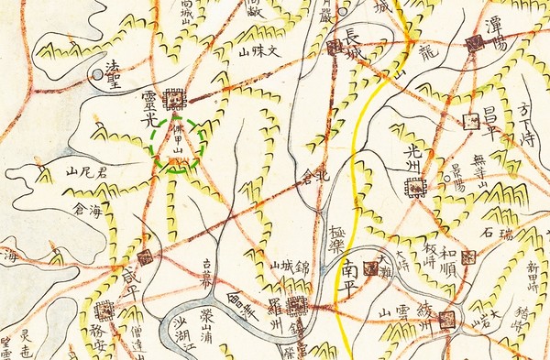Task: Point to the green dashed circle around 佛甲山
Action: (x=178, y=144)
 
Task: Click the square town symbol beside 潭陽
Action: (x=474, y=43)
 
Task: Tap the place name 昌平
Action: (x=490, y=120)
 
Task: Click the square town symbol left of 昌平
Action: (x=471, y=121)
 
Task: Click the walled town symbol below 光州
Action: (x=416, y=188)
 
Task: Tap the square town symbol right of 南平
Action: (x=371, y=267)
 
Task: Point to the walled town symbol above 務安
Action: (x=104, y=311)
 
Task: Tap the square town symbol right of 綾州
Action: (x=447, y=319)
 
